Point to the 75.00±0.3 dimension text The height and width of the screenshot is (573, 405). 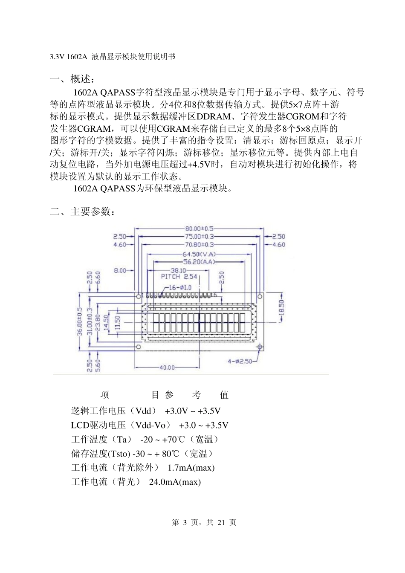[199, 236]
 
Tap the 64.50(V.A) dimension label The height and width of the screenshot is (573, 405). [200, 254]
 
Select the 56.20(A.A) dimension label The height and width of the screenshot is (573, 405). [200, 262]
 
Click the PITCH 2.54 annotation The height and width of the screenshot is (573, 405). [179, 277]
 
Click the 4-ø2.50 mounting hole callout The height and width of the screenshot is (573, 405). [240, 361]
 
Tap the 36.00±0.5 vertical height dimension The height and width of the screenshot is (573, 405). [79, 321]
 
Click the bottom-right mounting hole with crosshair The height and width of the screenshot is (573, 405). [260, 347]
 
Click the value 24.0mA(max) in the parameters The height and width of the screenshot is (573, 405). [175, 482]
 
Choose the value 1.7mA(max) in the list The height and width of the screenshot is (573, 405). [191, 468]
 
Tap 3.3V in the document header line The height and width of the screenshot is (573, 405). [57, 57]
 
